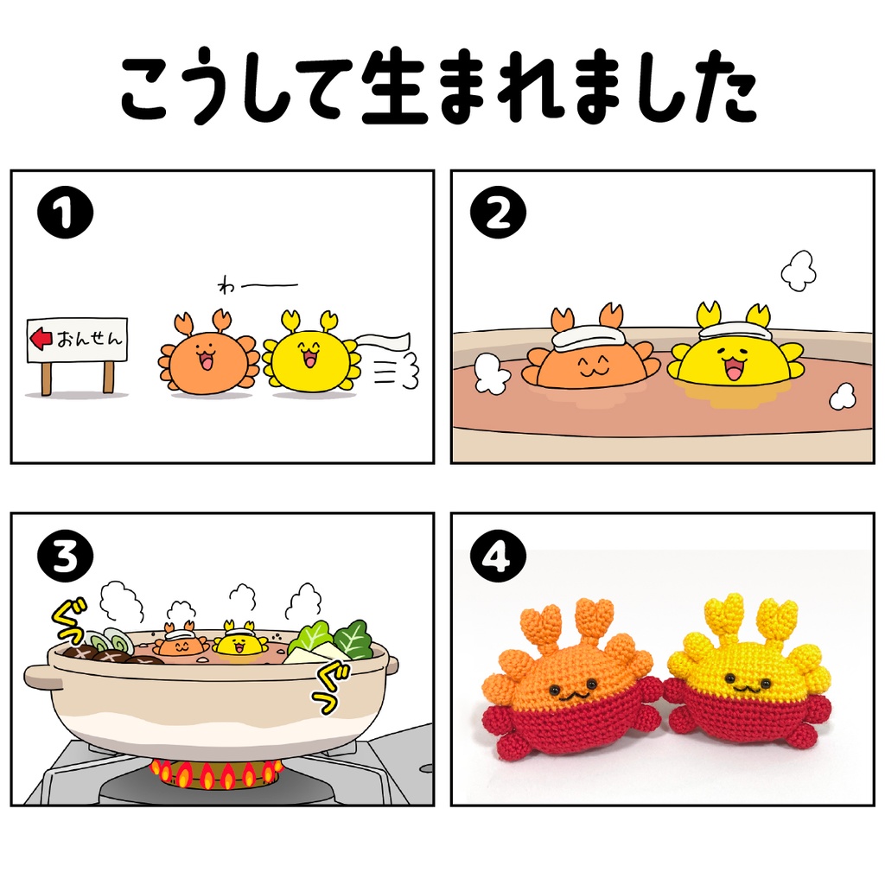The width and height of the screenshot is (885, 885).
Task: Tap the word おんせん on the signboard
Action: click(89, 339)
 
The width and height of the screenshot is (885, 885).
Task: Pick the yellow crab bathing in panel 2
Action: click(735, 354)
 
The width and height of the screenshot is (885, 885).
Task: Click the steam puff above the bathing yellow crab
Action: click(798, 270)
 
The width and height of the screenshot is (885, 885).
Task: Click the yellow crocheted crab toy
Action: click(748, 683)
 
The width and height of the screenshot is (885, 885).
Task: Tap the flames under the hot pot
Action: click(216, 774)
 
